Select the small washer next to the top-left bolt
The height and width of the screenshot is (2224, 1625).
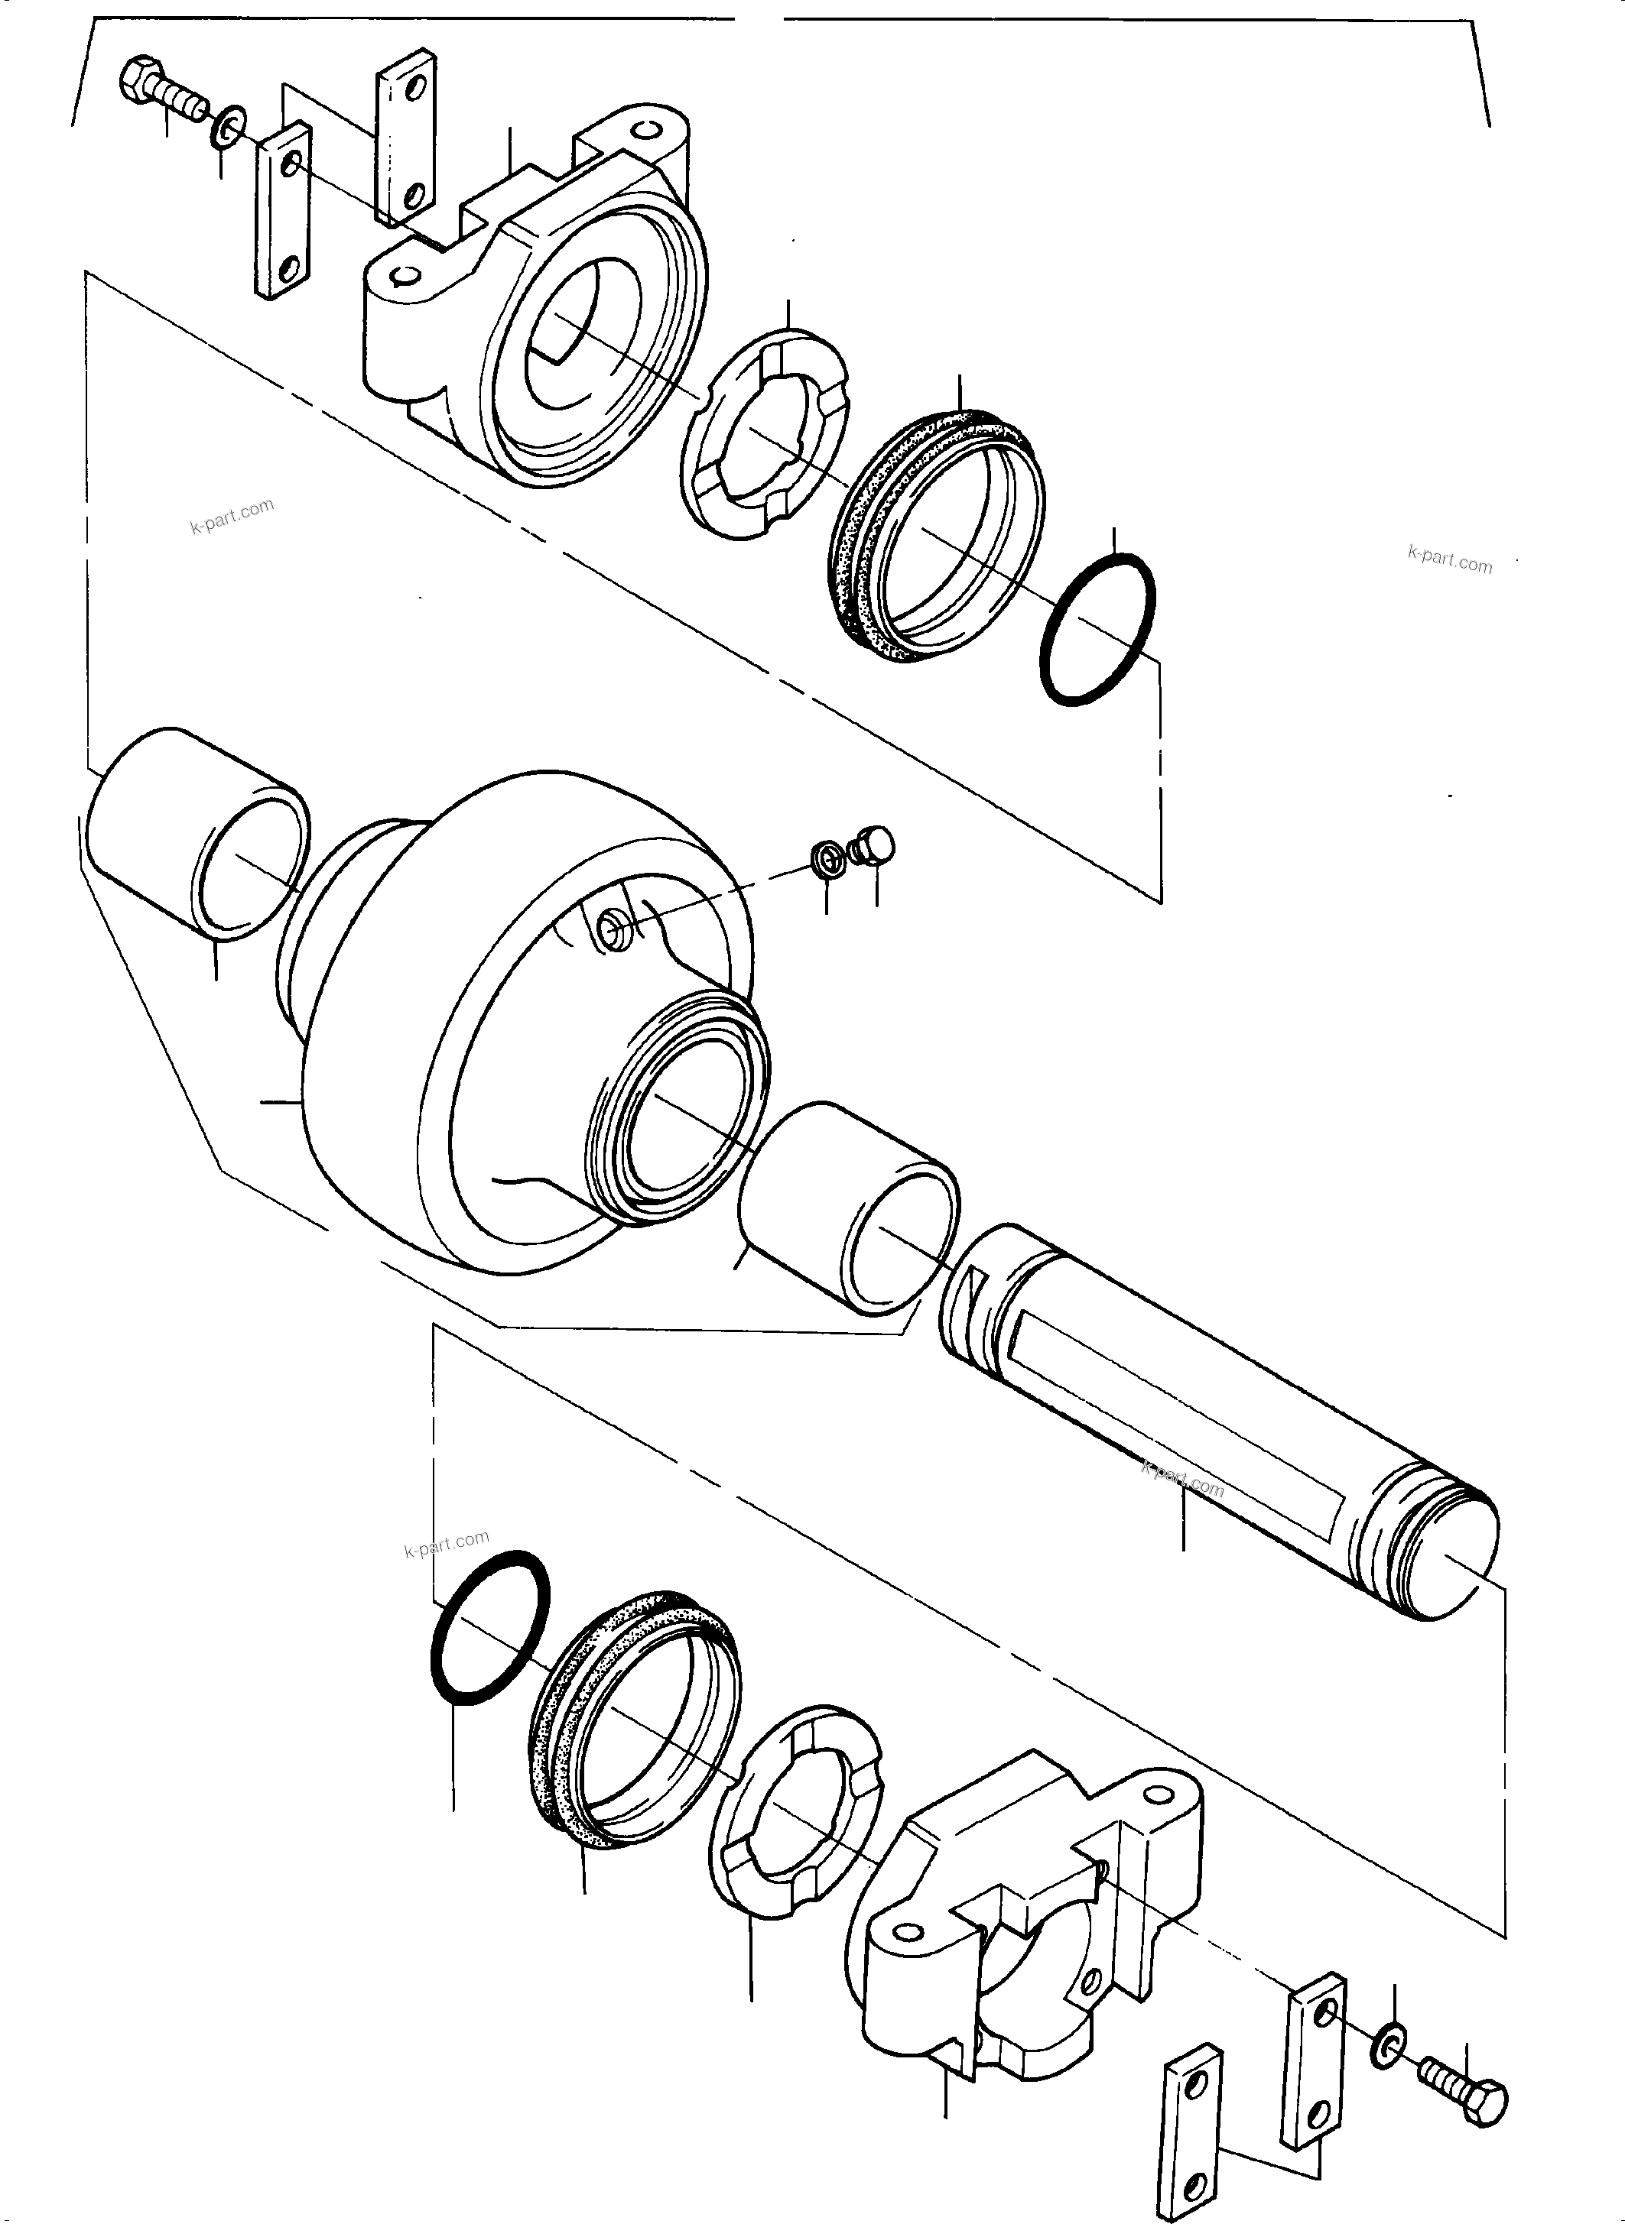[x=228, y=129]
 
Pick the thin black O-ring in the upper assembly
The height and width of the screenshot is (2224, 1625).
[x=1096, y=629]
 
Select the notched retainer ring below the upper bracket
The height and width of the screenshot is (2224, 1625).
[x=763, y=433]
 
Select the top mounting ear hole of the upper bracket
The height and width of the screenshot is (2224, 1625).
[x=646, y=131]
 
